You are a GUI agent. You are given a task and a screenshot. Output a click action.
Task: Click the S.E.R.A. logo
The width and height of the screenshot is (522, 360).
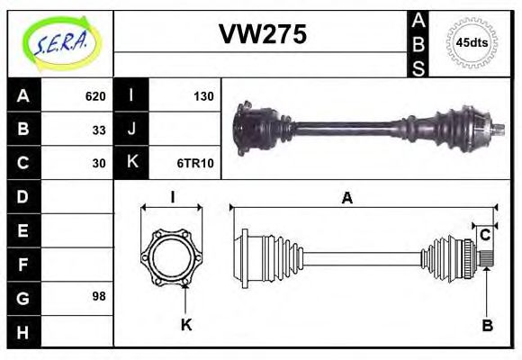(x=59, y=42)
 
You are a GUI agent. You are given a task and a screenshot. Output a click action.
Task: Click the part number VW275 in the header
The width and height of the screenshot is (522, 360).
(x=262, y=35)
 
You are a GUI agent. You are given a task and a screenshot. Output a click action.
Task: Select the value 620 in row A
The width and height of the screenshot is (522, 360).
(x=95, y=96)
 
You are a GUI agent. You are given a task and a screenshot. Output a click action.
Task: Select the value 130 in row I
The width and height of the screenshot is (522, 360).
(x=202, y=96)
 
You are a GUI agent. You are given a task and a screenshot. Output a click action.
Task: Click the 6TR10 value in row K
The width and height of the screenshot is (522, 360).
(x=196, y=163)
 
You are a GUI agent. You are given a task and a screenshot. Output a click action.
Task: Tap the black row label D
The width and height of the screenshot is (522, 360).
(x=23, y=196)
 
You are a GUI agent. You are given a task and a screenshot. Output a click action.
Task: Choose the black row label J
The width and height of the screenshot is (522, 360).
(x=131, y=130)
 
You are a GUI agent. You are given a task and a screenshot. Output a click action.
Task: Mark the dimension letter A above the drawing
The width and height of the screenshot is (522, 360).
(x=346, y=199)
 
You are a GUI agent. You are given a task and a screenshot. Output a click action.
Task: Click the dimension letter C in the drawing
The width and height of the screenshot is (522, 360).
(x=484, y=236)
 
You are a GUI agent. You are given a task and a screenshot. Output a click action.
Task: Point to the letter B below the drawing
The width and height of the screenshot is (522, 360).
(x=487, y=325)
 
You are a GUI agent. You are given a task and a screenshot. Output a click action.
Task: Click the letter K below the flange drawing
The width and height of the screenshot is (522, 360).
(x=186, y=325)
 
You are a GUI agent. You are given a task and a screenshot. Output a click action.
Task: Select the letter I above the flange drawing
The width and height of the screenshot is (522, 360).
(x=171, y=198)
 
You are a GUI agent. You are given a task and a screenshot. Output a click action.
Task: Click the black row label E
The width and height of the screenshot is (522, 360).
(x=23, y=229)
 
